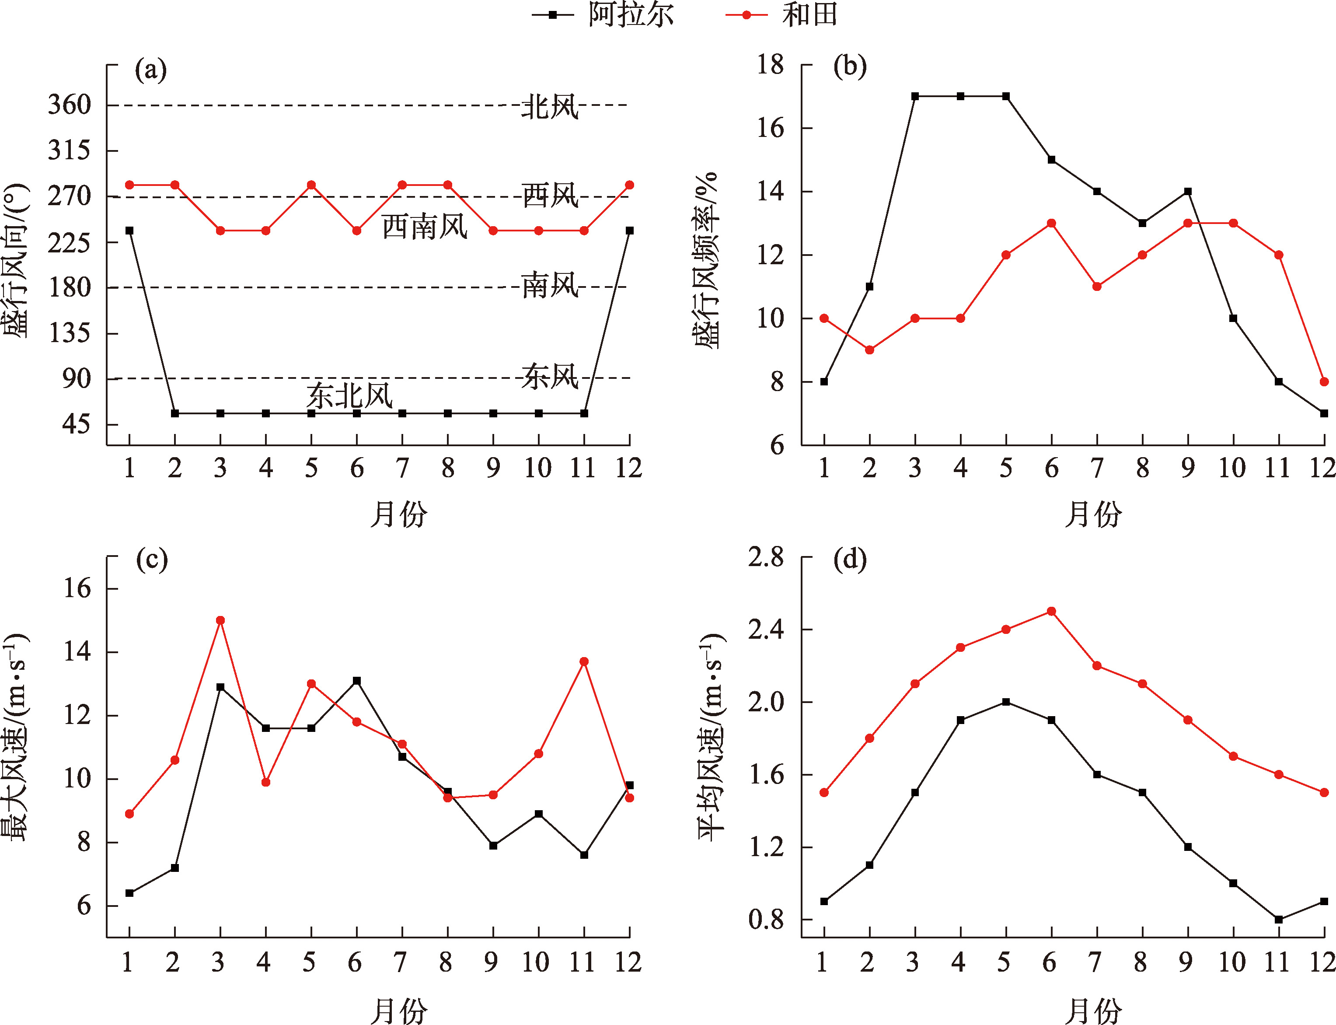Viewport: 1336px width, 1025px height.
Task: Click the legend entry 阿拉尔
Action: (631, 14)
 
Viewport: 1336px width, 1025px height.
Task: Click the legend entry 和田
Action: (810, 14)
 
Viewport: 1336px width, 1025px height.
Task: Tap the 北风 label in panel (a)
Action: (549, 107)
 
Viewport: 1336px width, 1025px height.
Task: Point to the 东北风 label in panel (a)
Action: (349, 395)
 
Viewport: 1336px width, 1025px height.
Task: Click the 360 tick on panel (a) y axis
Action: (70, 105)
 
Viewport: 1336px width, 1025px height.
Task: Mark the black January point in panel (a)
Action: (129, 231)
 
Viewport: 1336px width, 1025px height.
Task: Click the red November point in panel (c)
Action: (584, 661)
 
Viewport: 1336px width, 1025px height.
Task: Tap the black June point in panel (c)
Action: (357, 681)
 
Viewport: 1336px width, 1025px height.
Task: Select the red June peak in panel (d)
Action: (1051, 611)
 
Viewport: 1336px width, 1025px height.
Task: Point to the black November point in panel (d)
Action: (1279, 920)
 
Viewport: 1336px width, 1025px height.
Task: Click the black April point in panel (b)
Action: (960, 96)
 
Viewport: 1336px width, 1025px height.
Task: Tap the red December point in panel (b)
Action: (1324, 382)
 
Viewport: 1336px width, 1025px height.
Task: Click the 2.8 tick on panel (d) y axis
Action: (766, 557)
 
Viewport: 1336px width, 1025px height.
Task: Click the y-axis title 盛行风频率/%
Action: (706, 260)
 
